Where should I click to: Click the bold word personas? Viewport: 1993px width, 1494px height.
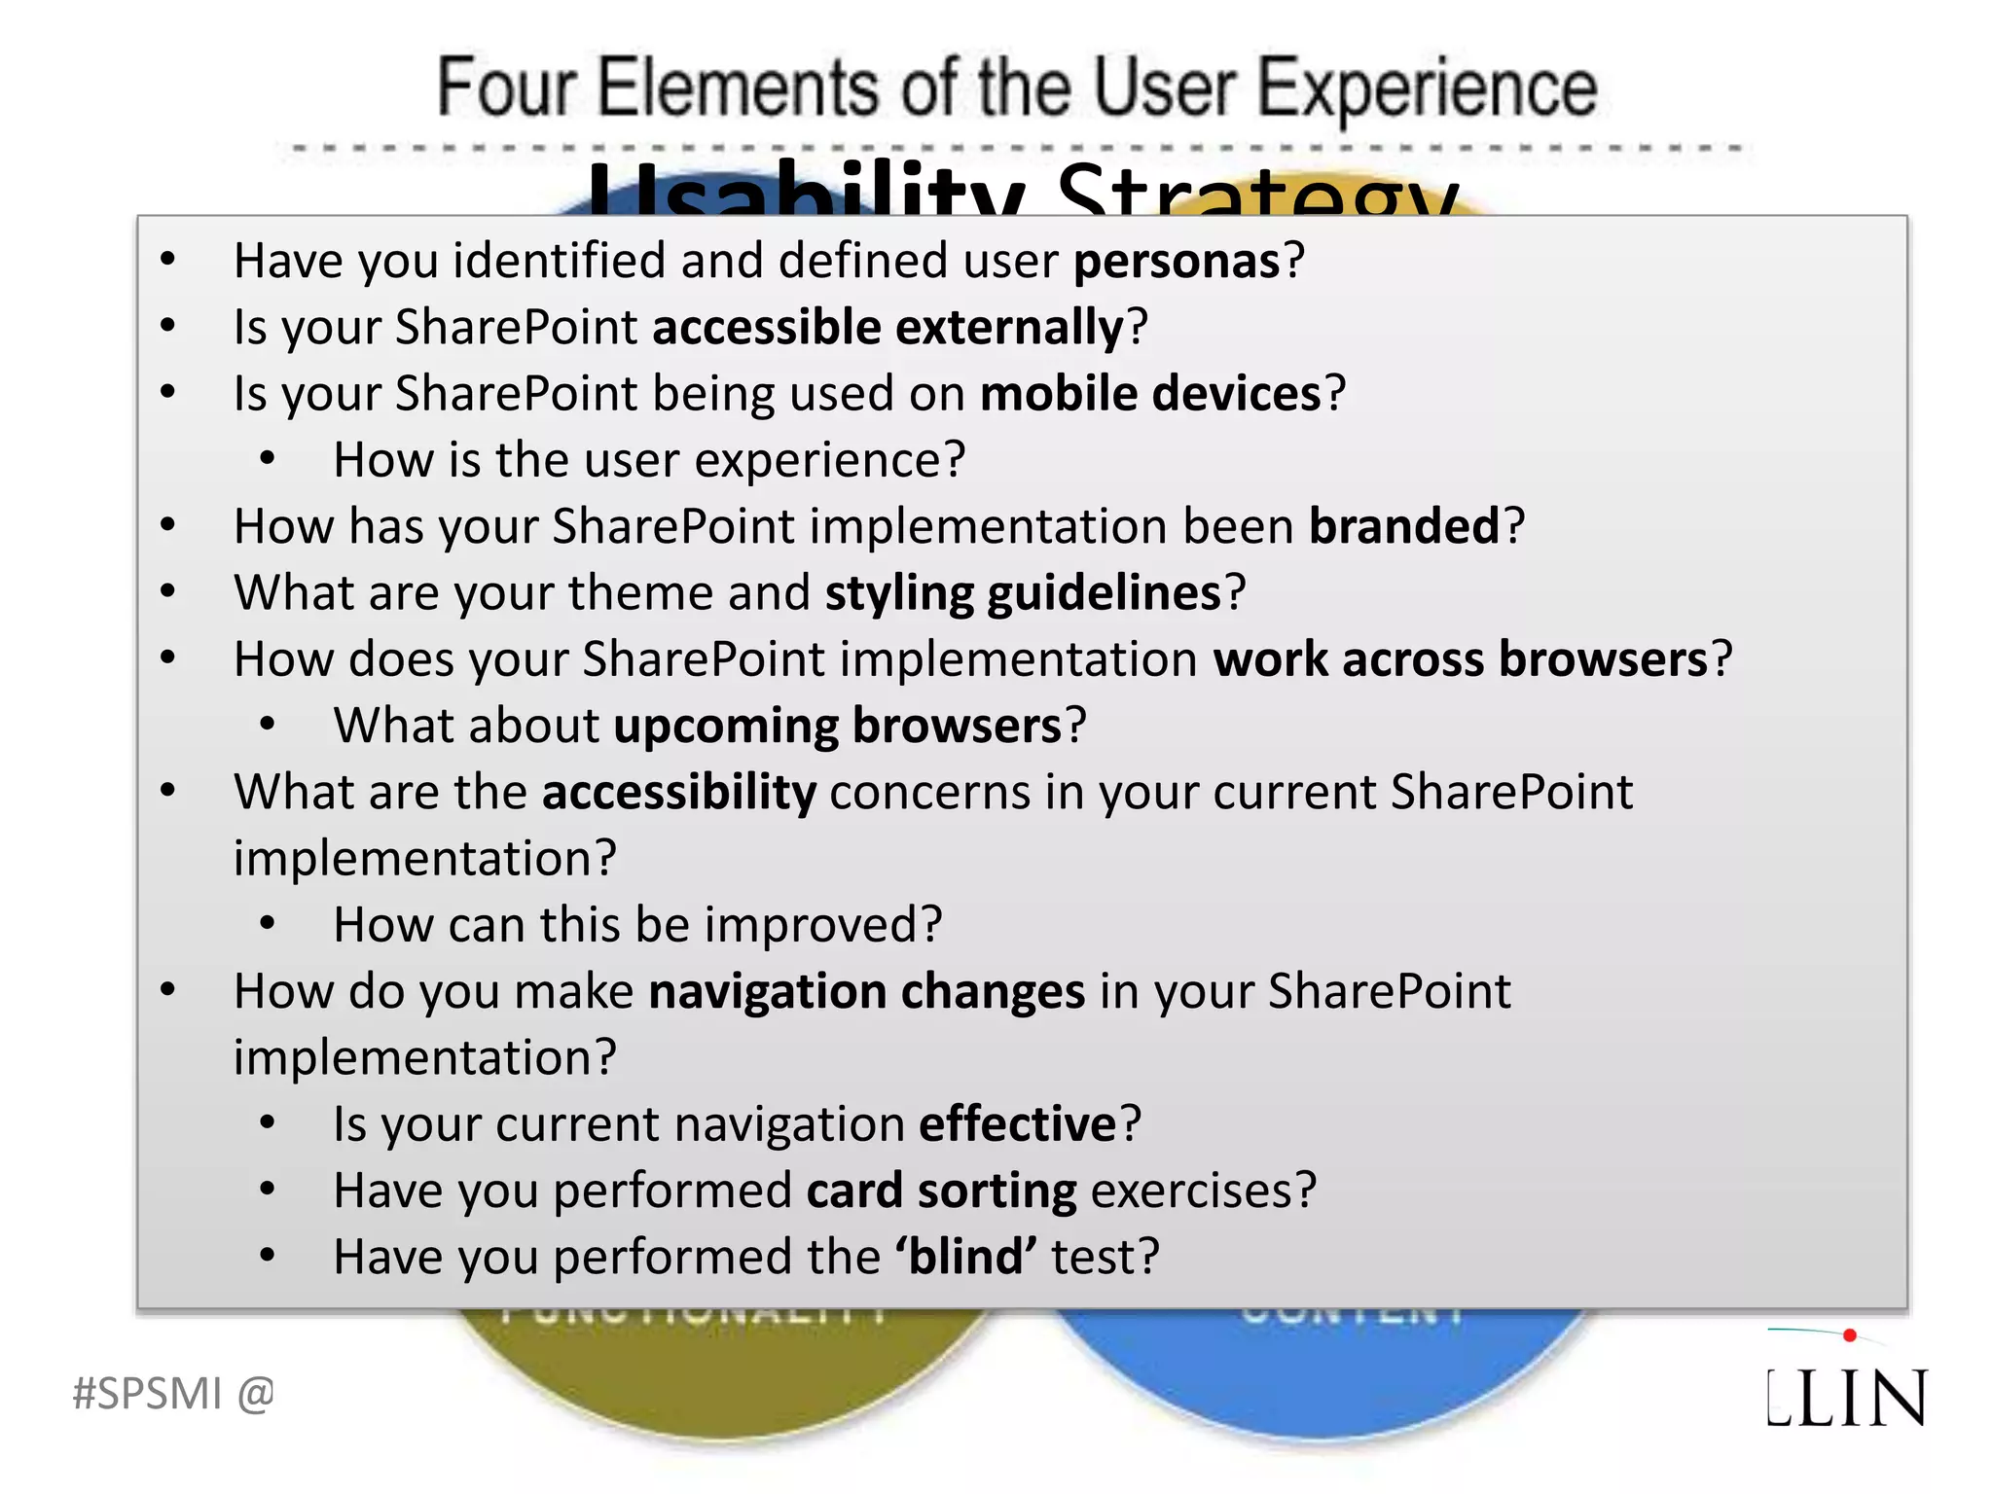pos(1177,262)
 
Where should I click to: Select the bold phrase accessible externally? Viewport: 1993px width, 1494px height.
pos(888,328)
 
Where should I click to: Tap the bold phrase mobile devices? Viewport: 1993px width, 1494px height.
pos(1150,394)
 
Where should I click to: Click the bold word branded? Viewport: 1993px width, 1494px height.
pos(1404,526)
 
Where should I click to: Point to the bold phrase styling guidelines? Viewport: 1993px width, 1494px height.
pos(1022,593)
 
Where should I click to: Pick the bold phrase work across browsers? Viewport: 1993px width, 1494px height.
pos(1460,659)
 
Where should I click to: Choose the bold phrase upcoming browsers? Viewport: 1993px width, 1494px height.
pos(837,727)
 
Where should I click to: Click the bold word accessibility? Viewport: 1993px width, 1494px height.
pos(678,792)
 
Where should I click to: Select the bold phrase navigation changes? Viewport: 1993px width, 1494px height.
pos(866,992)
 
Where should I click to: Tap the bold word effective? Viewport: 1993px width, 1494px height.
pos(1017,1124)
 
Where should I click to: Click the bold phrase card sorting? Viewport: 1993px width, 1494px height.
pos(941,1191)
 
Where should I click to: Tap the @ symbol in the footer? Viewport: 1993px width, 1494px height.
pos(255,1394)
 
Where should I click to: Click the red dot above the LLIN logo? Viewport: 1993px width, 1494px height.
pos(1849,1335)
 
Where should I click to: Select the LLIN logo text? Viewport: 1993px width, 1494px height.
pos(1846,1399)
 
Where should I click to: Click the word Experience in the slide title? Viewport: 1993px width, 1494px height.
pos(1427,89)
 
